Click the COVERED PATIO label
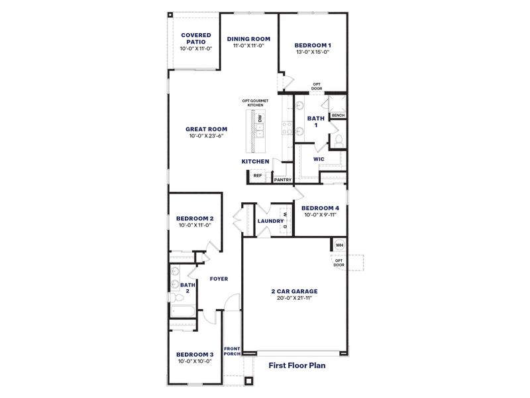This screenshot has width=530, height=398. pyautogui.click(x=195, y=38)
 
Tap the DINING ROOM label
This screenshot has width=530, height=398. pyautogui.click(x=248, y=38)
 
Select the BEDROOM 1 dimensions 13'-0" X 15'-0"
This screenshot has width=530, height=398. pyautogui.click(x=313, y=52)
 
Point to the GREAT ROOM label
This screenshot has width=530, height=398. pyautogui.click(x=206, y=129)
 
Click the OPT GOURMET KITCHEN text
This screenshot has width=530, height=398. pyautogui.click(x=255, y=103)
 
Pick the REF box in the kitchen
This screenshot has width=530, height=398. pyautogui.click(x=258, y=176)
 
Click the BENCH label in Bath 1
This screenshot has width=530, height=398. pyautogui.click(x=338, y=115)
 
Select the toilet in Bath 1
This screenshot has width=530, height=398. pyautogui.click(x=337, y=140)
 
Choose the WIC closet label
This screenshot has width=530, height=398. pyautogui.click(x=318, y=159)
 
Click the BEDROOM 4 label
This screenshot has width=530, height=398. pyautogui.click(x=321, y=208)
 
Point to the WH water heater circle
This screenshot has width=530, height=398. pyautogui.click(x=339, y=245)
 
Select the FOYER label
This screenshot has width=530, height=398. pyautogui.click(x=219, y=279)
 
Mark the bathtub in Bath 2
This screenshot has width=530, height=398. pyautogui.click(x=182, y=312)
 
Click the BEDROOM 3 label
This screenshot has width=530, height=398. pyautogui.click(x=194, y=354)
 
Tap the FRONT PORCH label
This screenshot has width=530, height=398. pyautogui.click(x=232, y=352)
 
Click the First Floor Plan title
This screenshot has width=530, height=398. pyautogui.click(x=297, y=365)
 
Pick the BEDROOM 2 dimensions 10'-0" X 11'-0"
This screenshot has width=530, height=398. pyautogui.click(x=194, y=226)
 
